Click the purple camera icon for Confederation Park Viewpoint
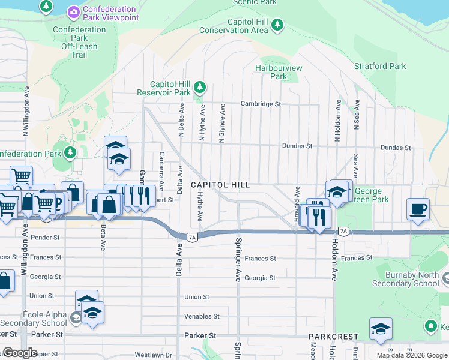74,11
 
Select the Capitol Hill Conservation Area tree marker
277,25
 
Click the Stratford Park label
380,66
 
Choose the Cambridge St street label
261,104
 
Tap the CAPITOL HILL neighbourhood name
220,185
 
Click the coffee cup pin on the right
418,209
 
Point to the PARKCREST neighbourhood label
334,337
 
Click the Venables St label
202,316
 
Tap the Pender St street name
41,238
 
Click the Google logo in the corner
20,353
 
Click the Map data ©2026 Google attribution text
411,355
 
